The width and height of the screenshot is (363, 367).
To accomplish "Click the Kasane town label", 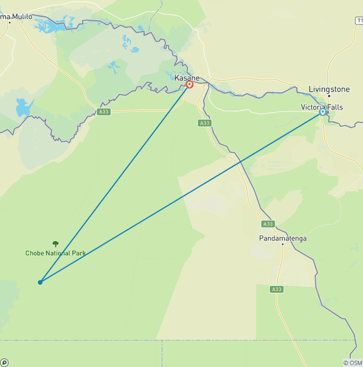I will coord(187,78).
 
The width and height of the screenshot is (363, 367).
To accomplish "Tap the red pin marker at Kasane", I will coord(190,85).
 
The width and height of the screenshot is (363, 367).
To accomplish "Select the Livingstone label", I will coord(329,89).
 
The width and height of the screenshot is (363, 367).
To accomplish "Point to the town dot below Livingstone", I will coord(329,96).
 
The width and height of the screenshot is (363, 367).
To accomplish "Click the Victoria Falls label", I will coord(322,107).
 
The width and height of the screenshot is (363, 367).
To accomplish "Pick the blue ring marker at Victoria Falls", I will coord(323,112).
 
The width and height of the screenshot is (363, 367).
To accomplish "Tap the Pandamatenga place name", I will coord(283,238).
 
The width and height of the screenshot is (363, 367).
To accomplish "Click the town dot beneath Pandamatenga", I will coord(282,245).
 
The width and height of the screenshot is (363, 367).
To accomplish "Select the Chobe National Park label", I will coord(56,253).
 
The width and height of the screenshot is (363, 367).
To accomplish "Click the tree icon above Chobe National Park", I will coord(56,244).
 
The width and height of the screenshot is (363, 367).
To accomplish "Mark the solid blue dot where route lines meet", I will coord(40,282).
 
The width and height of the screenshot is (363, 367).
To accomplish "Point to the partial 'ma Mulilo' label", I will coord(17,17).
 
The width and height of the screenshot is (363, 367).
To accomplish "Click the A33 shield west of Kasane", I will coord(104,112).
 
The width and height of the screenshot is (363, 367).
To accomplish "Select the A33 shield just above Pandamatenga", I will coord(268,224).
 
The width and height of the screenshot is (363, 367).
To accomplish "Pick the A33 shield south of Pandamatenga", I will coord(277,289).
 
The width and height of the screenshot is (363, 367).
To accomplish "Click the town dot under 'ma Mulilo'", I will coord(9,23).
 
